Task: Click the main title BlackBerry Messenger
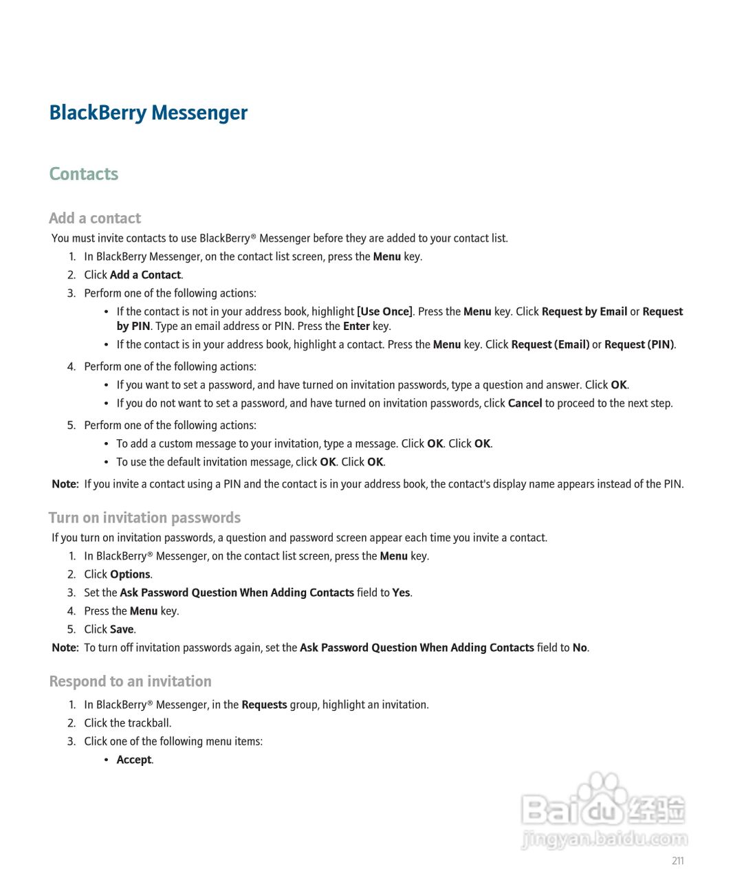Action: [x=148, y=113]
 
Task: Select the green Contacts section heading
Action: [x=83, y=174]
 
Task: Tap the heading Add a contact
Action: [x=95, y=218]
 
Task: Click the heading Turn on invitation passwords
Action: [x=144, y=518]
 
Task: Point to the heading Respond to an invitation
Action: [x=130, y=681]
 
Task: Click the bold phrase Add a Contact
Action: [x=145, y=275]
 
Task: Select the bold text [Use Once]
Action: [x=385, y=311]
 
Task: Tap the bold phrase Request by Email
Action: [x=584, y=311]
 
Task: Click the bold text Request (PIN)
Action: [x=639, y=344]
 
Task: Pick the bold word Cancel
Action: [x=525, y=404]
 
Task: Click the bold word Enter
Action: [x=356, y=327]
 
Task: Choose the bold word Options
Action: [x=130, y=575]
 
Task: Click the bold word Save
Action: [x=122, y=630]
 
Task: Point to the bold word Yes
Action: [x=401, y=593]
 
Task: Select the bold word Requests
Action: [x=264, y=705]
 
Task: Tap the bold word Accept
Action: [x=133, y=760]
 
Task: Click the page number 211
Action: [x=677, y=861]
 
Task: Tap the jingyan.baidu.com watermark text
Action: [x=604, y=839]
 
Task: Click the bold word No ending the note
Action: [x=580, y=648]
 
